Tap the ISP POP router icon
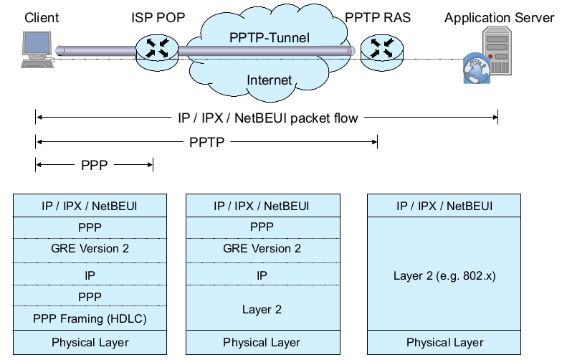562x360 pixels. [x=156, y=49]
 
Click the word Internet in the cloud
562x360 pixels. [x=269, y=80]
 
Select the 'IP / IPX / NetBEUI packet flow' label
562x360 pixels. [x=267, y=118]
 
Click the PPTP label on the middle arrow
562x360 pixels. [x=207, y=142]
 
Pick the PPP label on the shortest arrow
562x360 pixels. [x=95, y=166]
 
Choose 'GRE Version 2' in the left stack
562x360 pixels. [x=90, y=249]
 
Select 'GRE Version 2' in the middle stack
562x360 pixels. [x=262, y=249]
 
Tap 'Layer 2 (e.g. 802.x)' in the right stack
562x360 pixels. [x=445, y=275]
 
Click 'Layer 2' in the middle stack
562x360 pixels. [x=262, y=310]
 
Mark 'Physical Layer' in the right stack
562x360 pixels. [x=445, y=343]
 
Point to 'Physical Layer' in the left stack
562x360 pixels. [x=90, y=343]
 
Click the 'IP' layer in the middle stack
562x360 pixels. [x=262, y=275]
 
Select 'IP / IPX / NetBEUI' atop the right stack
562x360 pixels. [x=445, y=207]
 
